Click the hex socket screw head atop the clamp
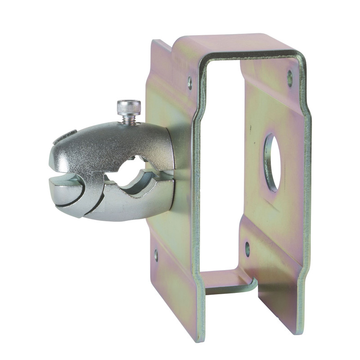pos(129,107)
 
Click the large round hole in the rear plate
pos(272,162)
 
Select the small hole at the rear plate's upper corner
pos(290,78)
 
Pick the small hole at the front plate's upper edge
pos(189,82)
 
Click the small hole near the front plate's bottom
pos(156,255)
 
